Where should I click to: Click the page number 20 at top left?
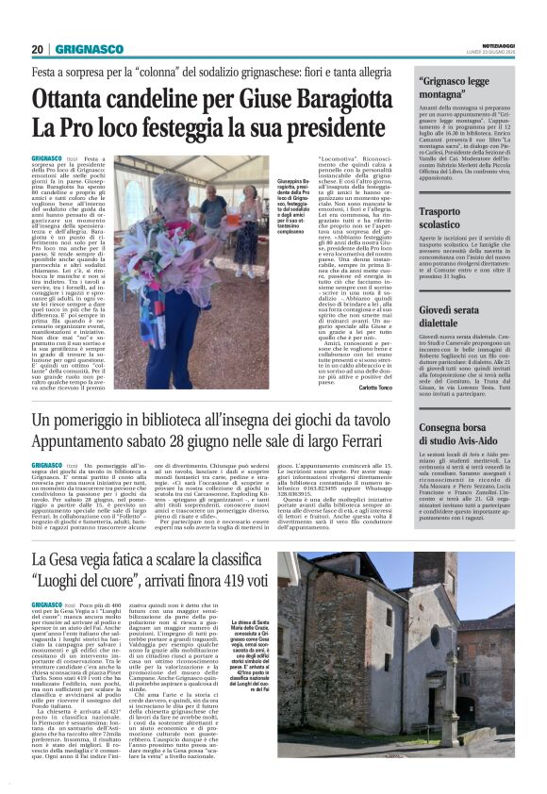click(x=38, y=49)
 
